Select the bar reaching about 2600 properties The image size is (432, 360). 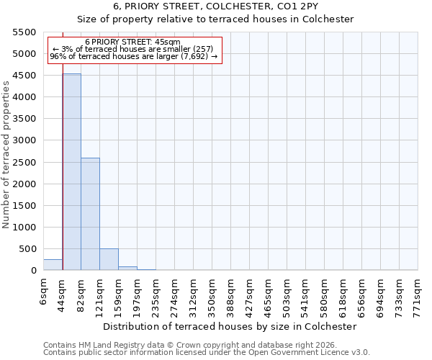point(90,214)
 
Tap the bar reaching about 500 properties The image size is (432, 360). point(109,259)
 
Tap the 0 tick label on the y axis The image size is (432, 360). point(33,271)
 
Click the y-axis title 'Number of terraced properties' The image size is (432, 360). point(6,155)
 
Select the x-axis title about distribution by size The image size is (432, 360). point(230,326)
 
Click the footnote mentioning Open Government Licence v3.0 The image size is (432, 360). point(207,353)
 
